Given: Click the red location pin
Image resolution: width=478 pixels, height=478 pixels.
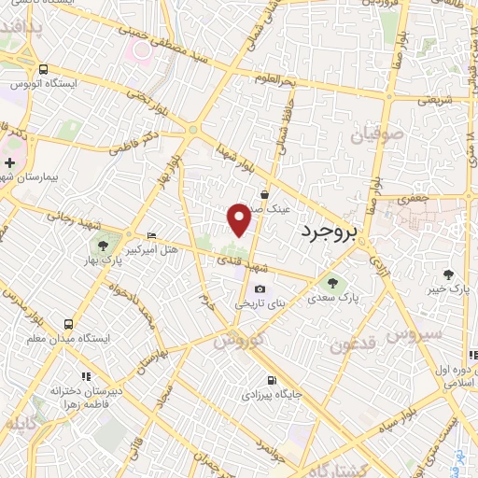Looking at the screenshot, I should (x=239, y=218).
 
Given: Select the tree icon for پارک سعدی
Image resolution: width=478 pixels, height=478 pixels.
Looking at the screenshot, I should (x=330, y=281).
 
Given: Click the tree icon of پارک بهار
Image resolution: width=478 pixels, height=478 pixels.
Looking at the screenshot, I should (x=104, y=246).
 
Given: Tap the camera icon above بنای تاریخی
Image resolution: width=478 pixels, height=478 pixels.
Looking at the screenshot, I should (x=259, y=289).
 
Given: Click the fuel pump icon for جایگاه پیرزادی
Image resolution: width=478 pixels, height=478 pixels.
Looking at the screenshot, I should (x=272, y=380).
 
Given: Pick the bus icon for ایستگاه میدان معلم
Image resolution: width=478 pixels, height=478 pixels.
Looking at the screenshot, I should (x=66, y=323).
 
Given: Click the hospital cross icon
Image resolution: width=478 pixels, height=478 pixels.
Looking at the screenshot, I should (x=9, y=163).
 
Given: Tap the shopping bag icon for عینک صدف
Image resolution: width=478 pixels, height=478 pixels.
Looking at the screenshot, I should (x=265, y=195).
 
